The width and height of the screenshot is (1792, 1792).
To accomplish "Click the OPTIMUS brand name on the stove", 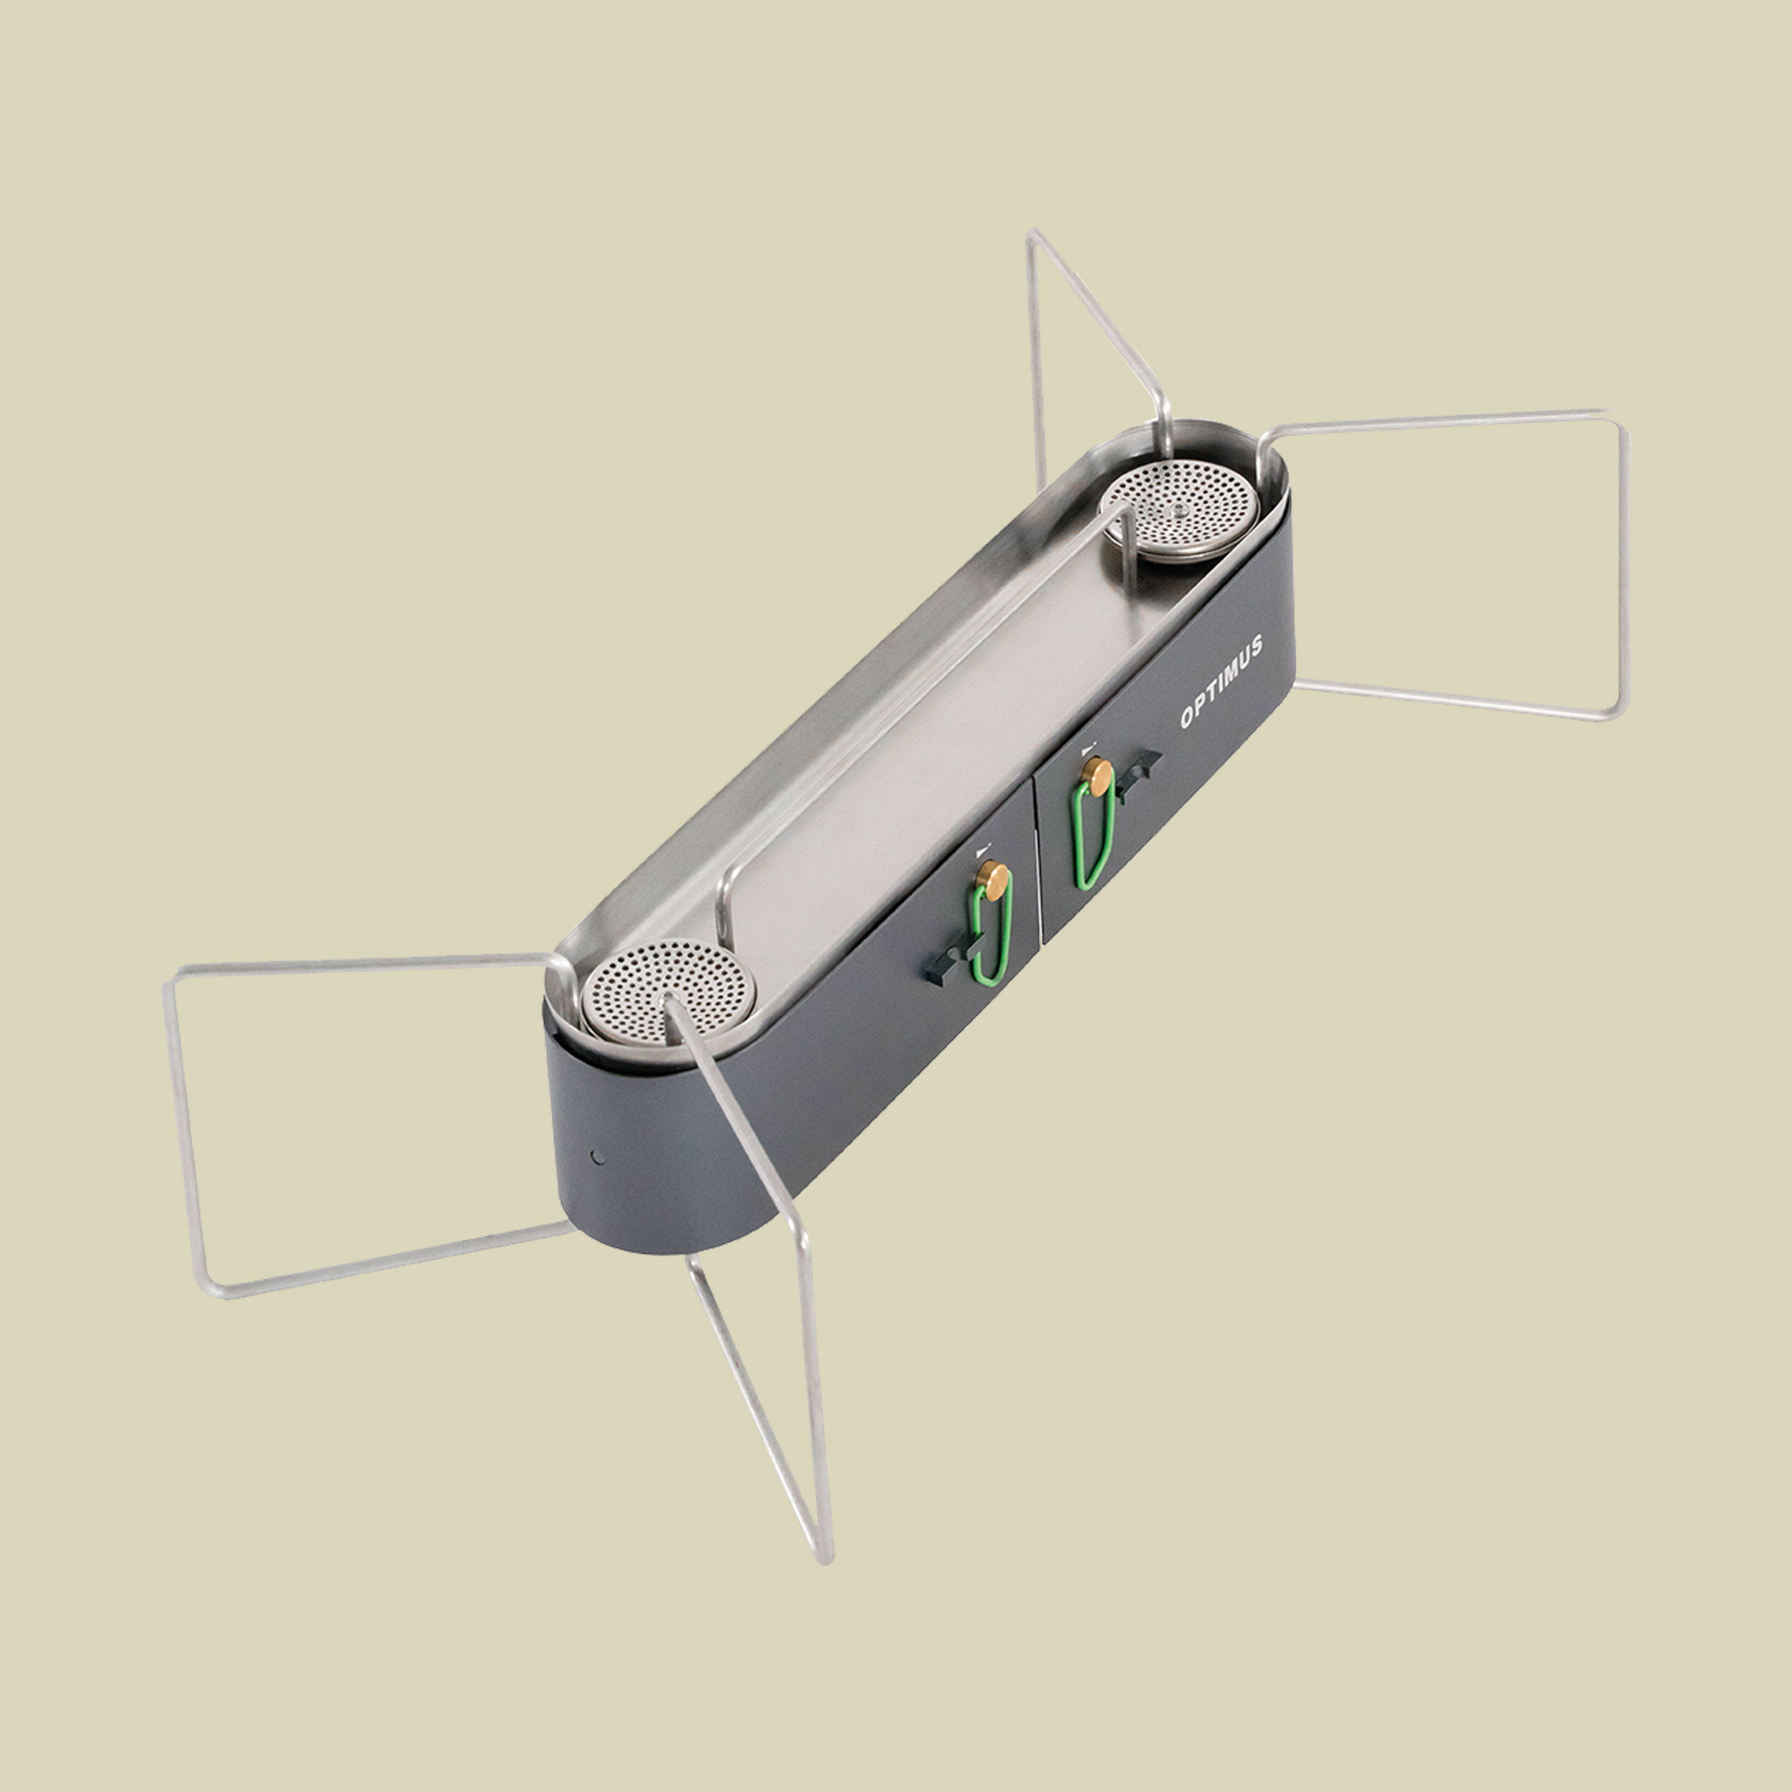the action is [1221, 682].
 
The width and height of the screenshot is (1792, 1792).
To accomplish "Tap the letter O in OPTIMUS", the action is [1187, 718].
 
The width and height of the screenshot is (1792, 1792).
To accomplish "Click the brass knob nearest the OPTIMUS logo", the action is [1098, 776].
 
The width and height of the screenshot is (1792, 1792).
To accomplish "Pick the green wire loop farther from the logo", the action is [991, 934].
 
